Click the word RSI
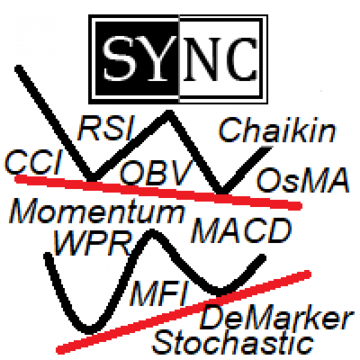click(x=106, y=128)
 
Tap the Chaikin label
click(x=277, y=130)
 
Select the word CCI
click(x=33, y=161)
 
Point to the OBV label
click(x=157, y=172)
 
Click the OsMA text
click(x=303, y=180)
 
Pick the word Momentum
click(x=96, y=211)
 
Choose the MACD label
click(x=241, y=230)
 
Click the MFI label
click(x=159, y=293)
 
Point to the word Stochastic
click(x=232, y=341)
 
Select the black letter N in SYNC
click(x=203, y=59)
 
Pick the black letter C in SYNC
click(x=242, y=59)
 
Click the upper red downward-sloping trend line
click(x=158, y=192)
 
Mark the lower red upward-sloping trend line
click(x=184, y=312)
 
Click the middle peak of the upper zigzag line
click(x=169, y=113)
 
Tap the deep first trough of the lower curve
click(x=89, y=330)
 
